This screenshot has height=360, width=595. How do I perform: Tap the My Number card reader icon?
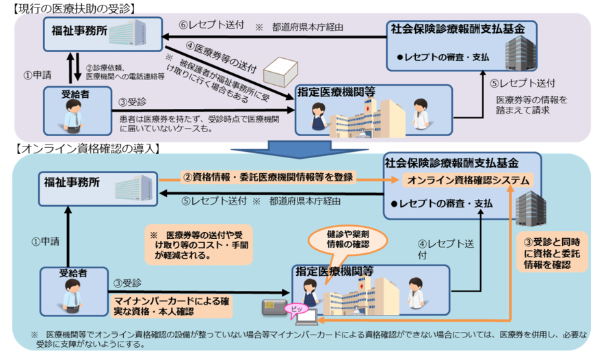(269, 303)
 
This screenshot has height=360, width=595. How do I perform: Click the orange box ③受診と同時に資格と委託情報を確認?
(552, 253)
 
